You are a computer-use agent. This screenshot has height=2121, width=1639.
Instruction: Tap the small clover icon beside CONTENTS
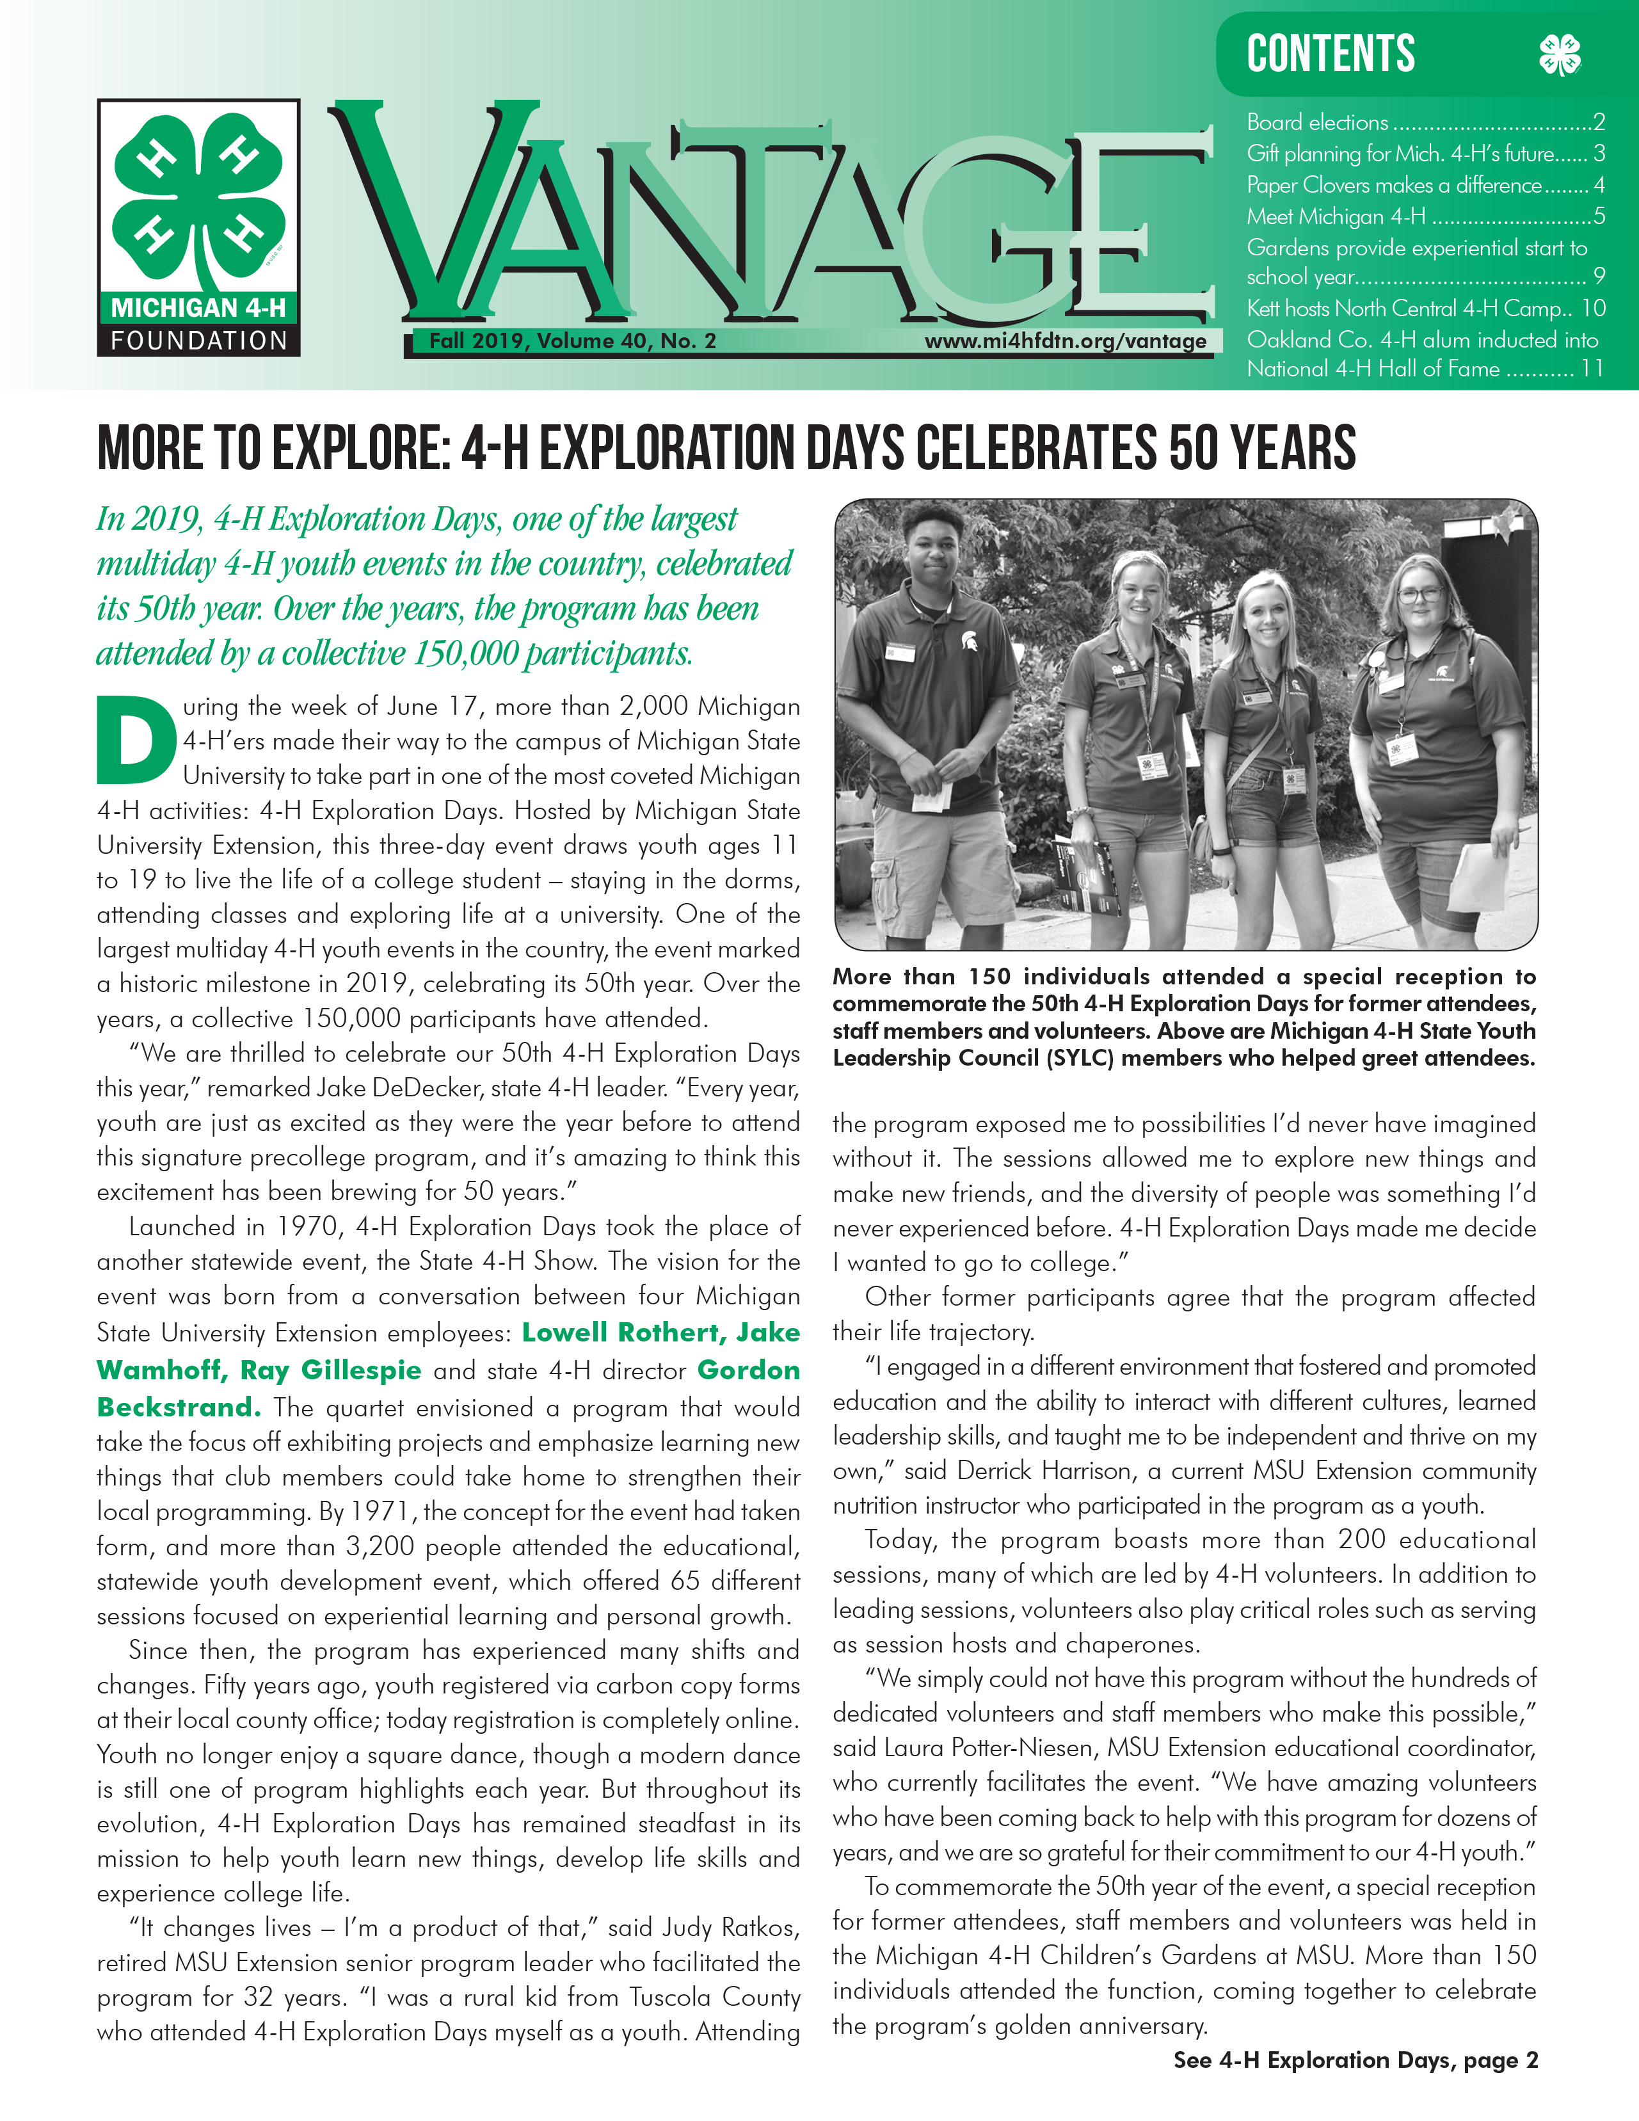(x=1560, y=54)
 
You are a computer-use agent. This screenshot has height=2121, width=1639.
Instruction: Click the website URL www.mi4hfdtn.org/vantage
(x=1065, y=341)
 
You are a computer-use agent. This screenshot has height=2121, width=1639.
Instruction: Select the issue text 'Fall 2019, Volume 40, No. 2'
(x=572, y=341)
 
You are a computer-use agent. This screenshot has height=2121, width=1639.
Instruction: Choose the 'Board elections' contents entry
(x=1316, y=122)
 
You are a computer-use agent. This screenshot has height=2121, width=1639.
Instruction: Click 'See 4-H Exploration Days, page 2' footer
(x=1355, y=2060)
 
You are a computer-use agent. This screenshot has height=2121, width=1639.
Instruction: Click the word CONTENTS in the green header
(x=1331, y=54)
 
